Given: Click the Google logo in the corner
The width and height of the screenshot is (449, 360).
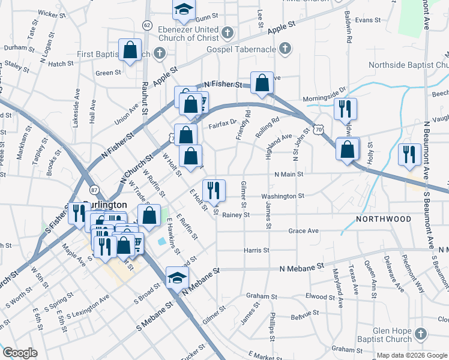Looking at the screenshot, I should [20, 353].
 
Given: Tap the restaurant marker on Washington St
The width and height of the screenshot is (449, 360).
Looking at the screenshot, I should [214, 191].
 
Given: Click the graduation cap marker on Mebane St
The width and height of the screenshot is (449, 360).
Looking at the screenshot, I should [178, 278].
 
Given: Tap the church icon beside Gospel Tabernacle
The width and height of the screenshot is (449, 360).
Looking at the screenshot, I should [285, 48].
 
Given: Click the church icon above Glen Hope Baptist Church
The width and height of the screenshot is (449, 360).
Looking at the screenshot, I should [421, 334].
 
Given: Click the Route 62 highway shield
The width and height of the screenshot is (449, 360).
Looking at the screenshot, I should [146, 25].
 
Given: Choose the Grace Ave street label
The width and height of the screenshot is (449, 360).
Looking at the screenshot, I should [303, 230].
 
